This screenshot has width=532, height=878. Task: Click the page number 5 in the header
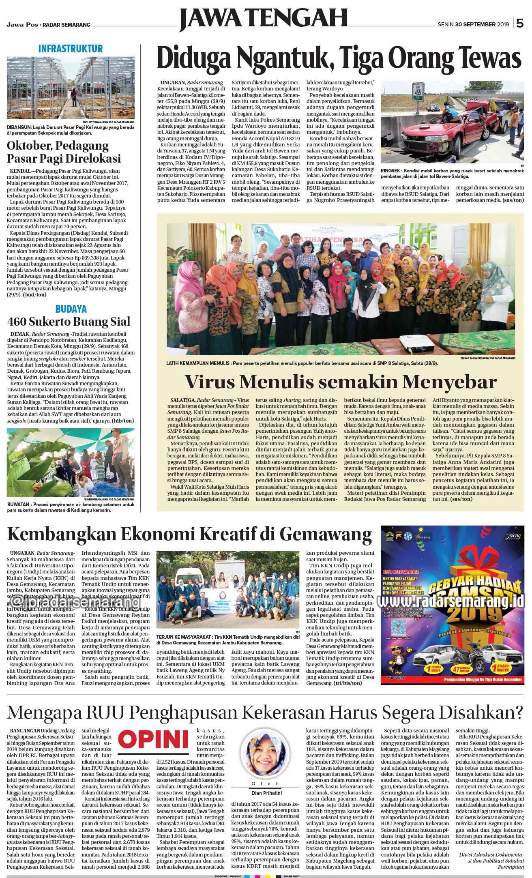[520, 24]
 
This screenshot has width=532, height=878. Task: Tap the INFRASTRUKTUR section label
[71, 49]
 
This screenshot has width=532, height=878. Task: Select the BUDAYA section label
[71, 309]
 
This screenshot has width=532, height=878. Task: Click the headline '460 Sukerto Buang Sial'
[69, 322]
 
